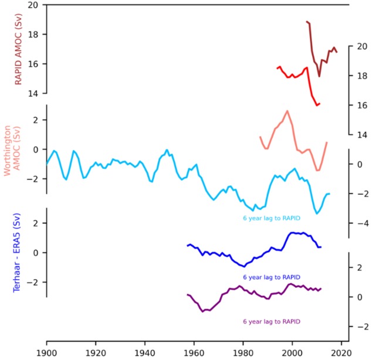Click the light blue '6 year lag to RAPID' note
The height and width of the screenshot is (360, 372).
tap(272, 218)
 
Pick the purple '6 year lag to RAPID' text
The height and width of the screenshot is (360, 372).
tap(272, 321)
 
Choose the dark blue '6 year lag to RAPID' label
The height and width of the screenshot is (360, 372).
tap(272, 277)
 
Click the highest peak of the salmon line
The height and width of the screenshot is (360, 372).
tap(288, 111)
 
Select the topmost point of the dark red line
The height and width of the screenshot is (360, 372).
tap(307, 21)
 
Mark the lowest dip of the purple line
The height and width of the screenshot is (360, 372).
tap(202, 311)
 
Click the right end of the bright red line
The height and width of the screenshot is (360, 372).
tap(320, 104)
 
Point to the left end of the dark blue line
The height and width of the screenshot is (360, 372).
tap(187, 245)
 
